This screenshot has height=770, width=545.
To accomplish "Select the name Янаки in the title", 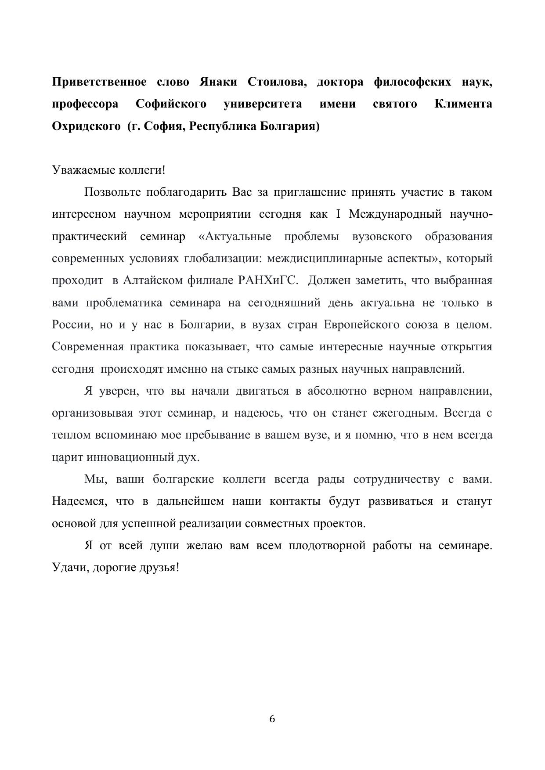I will [218, 82].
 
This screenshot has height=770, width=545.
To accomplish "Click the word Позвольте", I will [112, 192].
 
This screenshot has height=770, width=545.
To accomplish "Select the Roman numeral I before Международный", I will [338, 214].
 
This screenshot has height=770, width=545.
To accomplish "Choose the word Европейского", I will [361, 325].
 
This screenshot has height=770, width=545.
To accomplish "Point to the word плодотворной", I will [327, 546].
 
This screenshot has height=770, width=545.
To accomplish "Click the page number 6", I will [272, 719].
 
